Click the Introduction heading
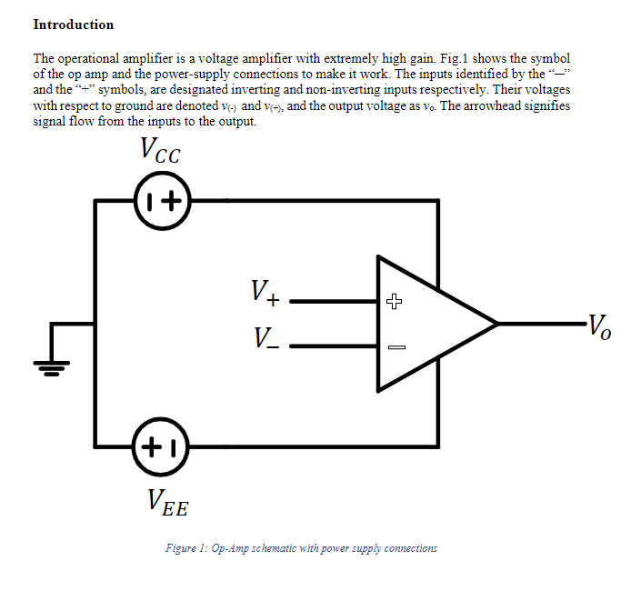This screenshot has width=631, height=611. (74, 25)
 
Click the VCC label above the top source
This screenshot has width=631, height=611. (160, 152)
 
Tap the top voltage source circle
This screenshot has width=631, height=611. (162, 200)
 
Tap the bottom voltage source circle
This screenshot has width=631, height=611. (162, 447)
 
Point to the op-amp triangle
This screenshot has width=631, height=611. (427, 324)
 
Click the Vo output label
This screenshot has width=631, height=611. (598, 326)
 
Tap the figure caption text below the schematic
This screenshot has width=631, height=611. (301, 548)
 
